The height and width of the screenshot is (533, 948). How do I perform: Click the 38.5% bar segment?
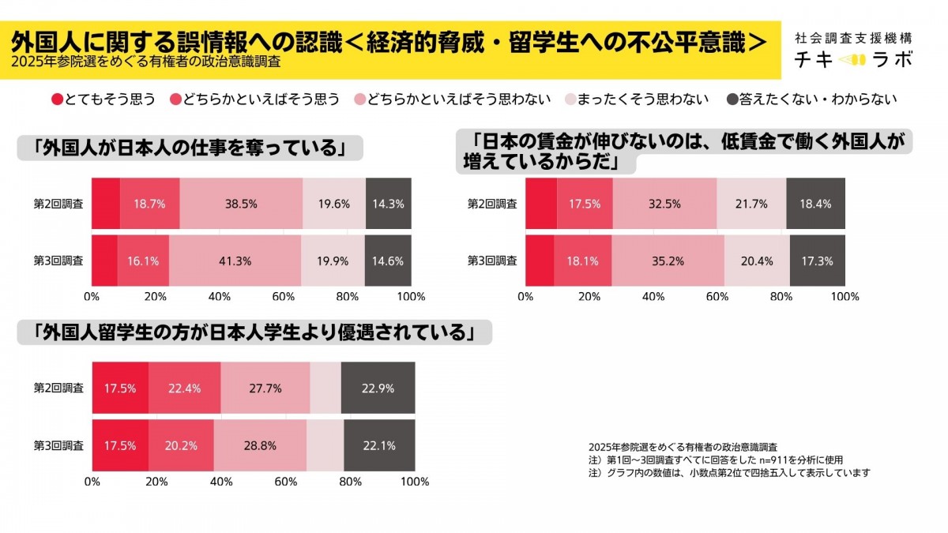tap(241, 203)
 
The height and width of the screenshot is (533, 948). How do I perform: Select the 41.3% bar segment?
tap(235, 260)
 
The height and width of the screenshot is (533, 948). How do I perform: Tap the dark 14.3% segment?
tap(388, 203)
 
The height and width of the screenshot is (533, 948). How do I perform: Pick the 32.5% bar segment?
tap(664, 203)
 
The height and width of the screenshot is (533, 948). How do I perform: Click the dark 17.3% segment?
tap(818, 260)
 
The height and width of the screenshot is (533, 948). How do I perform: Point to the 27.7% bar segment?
tap(265, 388)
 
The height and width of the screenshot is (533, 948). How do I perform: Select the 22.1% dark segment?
tap(379, 445)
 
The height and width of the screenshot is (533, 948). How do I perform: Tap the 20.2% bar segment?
tap(180, 445)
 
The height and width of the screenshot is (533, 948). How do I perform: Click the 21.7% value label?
tap(751, 203)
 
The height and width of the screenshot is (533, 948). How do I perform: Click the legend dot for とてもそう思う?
tap(57, 99)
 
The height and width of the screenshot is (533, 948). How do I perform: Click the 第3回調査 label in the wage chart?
tap(492, 260)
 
